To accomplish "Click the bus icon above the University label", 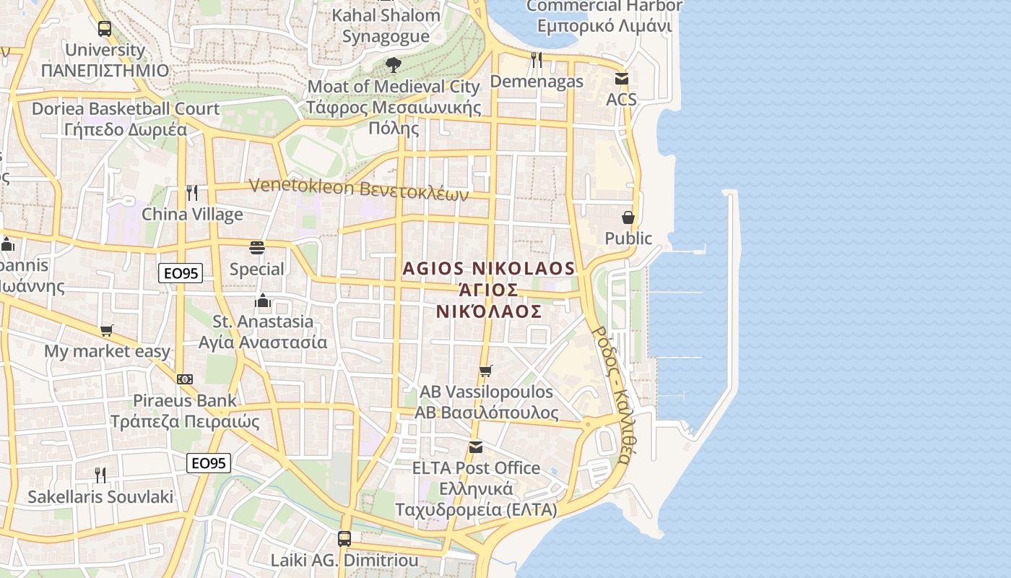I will [105, 29].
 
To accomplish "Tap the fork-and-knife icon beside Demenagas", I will [537, 60].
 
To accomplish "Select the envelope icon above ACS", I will [621, 79].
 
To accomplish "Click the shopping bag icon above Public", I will [628, 217].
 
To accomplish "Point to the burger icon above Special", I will [256, 248].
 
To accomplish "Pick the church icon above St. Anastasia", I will [263, 300].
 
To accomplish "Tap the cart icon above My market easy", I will [107, 330].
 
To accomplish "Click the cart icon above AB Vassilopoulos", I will [486, 371].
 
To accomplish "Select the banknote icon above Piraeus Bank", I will [185, 379].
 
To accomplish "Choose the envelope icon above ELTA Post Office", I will [476, 447].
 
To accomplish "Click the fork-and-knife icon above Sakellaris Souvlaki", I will [100, 475].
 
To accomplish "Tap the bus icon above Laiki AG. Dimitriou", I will [344, 538].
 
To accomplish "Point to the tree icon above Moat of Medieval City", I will [393, 65].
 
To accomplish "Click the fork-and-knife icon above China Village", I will [192, 193].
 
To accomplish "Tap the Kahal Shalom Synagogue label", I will [386, 25].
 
